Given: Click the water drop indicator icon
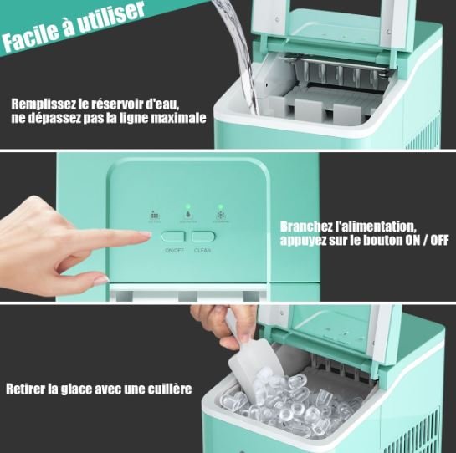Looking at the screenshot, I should coord(188,213).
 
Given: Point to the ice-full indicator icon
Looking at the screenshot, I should coord(154,213).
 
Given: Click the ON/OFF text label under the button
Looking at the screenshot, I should coord(173,250).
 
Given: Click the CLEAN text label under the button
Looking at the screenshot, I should coord(202,250).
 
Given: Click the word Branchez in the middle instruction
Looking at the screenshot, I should coord(310,225).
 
